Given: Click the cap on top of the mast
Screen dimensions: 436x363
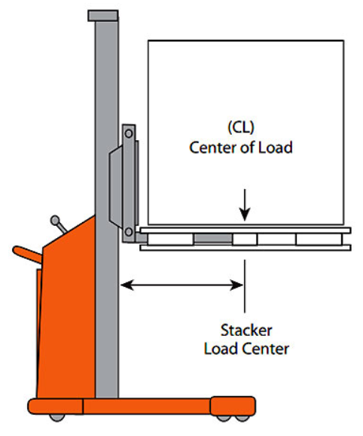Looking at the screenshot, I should click(x=102, y=15).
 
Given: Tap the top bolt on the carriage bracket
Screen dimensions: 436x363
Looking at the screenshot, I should click(x=128, y=133).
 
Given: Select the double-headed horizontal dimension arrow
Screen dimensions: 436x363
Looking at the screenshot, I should click(x=181, y=285).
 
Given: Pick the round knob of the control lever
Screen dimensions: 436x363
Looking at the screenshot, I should click(x=53, y=221).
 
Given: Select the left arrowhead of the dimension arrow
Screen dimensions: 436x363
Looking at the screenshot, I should click(x=126, y=285).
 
